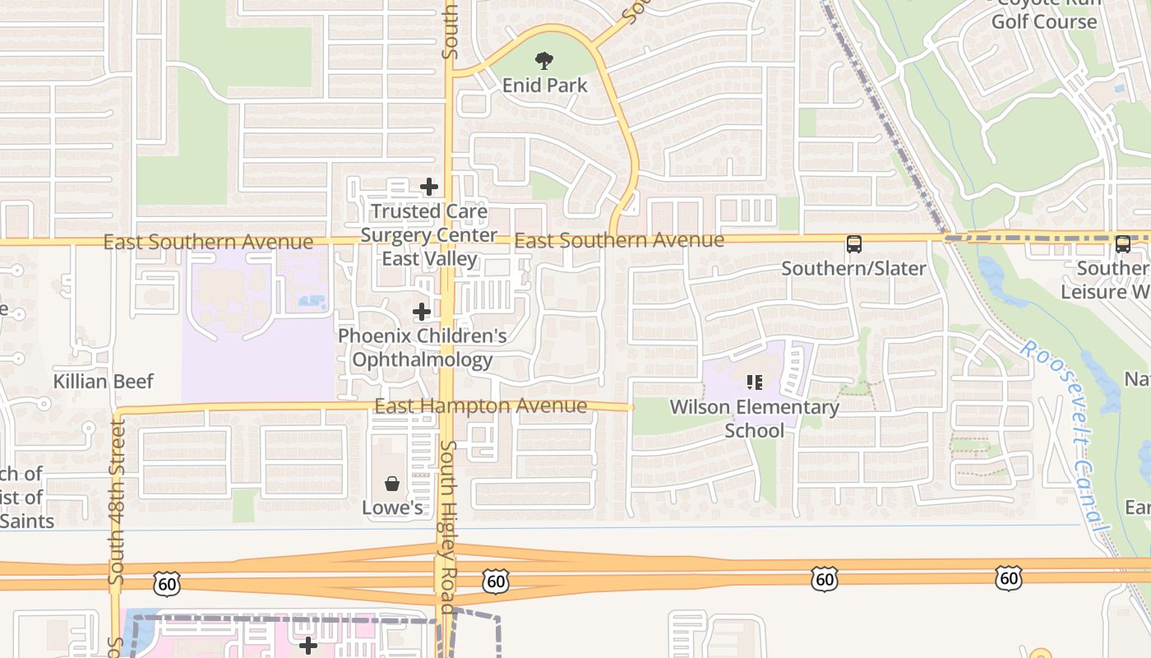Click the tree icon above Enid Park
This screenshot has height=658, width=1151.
[x=543, y=61]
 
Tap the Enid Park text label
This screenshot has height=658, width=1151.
[x=545, y=85]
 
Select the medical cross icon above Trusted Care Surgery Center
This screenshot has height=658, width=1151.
[x=429, y=188]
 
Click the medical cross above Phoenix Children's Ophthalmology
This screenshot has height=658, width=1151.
[x=422, y=312]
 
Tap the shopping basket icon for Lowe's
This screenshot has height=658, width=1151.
[x=392, y=484]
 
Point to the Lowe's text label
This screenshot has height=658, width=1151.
[x=392, y=507]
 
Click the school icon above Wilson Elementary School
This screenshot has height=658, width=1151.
[x=755, y=382]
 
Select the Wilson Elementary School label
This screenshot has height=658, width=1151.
[x=755, y=418]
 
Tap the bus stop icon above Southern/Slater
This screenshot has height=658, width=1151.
[x=854, y=244]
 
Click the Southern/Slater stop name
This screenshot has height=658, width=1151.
[x=853, y=268]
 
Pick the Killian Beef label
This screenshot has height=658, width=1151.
[x=104, y=382]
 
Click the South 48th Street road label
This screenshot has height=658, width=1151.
[x=117, y=502]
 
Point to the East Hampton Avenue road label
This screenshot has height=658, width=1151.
[x=480, y=406]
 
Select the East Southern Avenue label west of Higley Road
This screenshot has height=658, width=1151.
[x=208, y=242]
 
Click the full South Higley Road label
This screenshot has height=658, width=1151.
[x=447, y=526]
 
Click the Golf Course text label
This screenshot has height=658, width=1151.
[x=1044, y=21]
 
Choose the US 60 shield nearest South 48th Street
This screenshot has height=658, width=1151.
[x=166, y=585]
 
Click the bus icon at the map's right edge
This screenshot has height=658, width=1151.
[x=1123, y=244]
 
